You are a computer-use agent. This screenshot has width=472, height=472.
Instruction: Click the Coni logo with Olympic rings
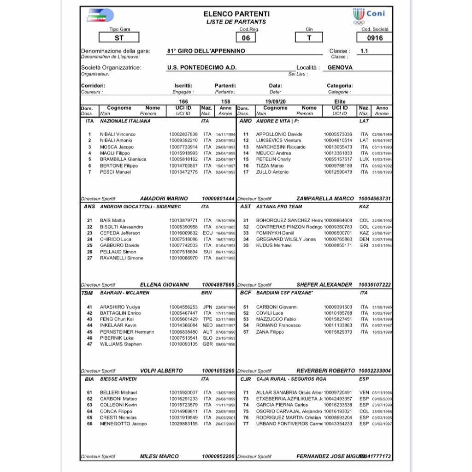368,16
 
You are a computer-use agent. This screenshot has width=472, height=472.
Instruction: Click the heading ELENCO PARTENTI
236,14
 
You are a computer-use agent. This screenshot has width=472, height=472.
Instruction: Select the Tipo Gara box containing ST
119,38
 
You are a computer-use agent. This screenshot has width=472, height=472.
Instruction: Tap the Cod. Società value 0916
374,38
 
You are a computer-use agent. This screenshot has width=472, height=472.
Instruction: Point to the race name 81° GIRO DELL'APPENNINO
206,51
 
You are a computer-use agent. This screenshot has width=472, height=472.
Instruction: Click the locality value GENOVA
340,67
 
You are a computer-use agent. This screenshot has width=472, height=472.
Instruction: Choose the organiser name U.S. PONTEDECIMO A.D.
202,67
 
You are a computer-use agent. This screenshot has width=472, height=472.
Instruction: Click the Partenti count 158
225,101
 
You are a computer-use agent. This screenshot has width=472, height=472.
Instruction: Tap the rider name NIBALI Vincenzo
118,134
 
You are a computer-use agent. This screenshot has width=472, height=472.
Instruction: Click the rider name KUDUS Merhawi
274,245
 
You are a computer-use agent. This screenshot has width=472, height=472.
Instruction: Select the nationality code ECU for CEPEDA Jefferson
207,233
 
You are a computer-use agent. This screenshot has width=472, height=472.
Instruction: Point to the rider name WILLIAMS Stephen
121,344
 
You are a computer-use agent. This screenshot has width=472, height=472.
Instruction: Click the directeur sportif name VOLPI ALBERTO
161,371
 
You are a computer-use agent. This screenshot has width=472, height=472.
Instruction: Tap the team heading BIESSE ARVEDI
118,379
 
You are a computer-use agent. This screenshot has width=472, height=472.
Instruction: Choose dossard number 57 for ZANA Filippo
246,332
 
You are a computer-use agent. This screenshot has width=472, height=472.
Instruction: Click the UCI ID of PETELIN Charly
338,159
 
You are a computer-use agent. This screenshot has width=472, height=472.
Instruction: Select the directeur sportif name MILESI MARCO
159,456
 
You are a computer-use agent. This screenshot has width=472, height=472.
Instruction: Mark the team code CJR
246,379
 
